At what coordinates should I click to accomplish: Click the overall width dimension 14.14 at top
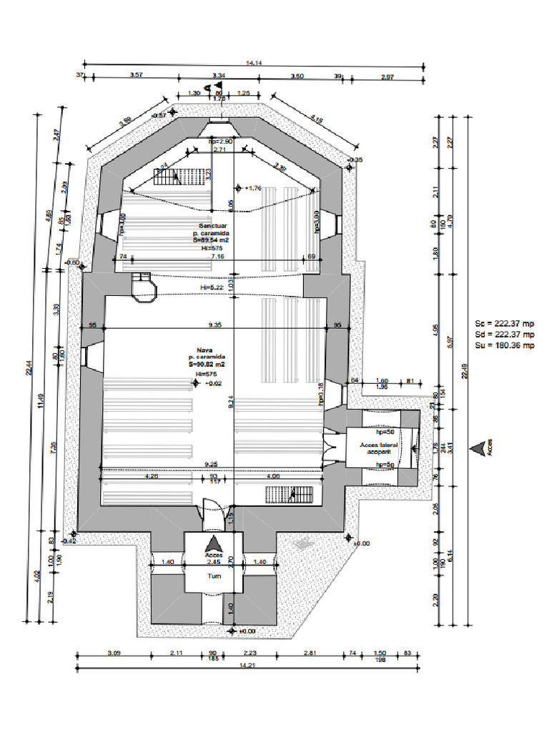253,64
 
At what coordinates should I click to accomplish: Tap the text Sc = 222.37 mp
505,323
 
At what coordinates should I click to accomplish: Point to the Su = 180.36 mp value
505,346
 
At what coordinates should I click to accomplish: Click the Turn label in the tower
214,575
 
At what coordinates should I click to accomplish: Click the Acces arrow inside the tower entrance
214,545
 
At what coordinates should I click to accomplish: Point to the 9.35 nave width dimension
214,325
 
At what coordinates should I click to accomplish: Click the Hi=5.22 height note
212,287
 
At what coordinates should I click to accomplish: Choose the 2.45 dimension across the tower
214,563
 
